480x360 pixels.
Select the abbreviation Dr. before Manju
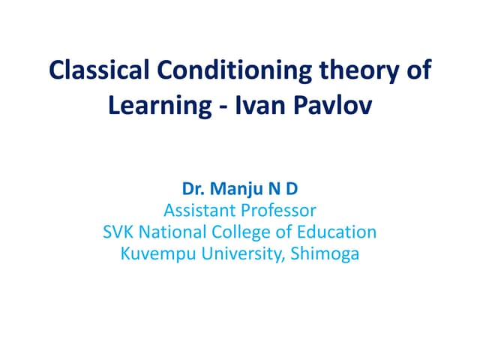[x=193, y=190]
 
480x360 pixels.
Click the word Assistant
[x=197, y=211]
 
